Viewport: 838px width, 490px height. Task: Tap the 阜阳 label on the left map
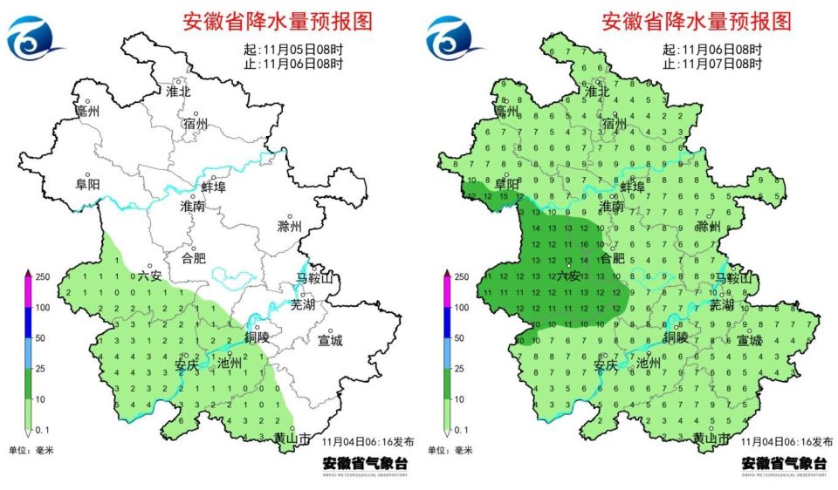pyautogui.click(x=87, y=184)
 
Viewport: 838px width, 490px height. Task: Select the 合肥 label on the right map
pyautogui.click(x=613, y=257)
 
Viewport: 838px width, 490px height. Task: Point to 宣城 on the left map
pyautogui.click(x=330, y=340)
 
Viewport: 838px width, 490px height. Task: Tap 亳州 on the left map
pyautogui.click(x=87, y=112)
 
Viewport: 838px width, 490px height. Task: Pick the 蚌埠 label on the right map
pyautogui.click(x=632, y=187)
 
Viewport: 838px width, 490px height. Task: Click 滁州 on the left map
pyautogui.click(x=288, y=226)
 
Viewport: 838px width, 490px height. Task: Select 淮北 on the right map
pyautogui.click(x=598, y=91)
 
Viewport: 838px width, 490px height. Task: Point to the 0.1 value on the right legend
pyautogui.click(x=462, y=431)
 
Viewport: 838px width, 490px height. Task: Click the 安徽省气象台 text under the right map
pyautogui.click(x=784, y=462)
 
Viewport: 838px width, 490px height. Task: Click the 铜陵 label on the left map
pyautogui.click(x=257, y=337)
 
